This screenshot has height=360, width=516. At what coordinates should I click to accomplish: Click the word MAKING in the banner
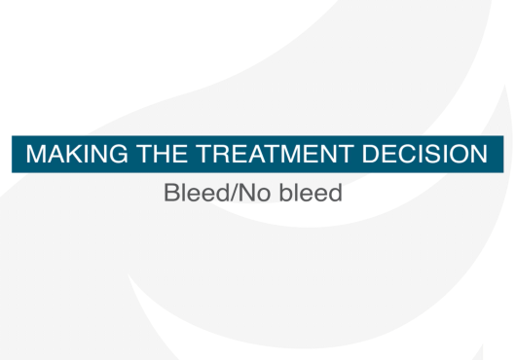coord(77,154)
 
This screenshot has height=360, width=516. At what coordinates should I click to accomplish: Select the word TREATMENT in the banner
coord(275,154)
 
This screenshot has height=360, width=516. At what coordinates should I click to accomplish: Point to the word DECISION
coord(424,154)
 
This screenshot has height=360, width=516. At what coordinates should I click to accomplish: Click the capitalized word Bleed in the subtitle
coord(197,193)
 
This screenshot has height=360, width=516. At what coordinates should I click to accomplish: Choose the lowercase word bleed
coord(311,193)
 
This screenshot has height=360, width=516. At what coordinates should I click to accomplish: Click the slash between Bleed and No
coord(234,193)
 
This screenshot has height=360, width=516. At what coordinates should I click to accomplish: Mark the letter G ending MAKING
coord(118,154)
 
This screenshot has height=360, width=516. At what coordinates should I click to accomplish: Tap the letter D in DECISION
coord(371,154)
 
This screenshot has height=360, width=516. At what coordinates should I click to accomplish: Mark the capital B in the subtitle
coord(170,193)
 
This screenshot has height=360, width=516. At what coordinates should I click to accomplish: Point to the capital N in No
coord(245,193)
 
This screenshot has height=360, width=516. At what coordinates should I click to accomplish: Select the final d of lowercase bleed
coord(336,193)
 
